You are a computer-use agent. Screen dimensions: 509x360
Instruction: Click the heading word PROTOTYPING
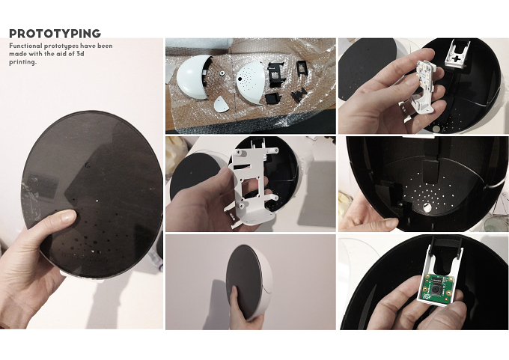55,34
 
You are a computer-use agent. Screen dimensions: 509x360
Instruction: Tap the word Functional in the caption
25,46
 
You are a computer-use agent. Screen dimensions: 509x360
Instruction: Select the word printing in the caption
22,62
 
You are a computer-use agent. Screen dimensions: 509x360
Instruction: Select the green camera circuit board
436,287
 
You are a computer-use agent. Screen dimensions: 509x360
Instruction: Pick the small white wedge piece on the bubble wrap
222,105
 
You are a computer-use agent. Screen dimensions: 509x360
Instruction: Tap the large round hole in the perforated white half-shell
240,79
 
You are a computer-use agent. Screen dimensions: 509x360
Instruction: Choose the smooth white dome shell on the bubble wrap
193,76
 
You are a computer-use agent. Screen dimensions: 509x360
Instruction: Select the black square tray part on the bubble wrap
273,98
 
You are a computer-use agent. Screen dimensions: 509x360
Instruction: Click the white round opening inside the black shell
427,208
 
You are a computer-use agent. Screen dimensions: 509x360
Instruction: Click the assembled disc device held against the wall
249,281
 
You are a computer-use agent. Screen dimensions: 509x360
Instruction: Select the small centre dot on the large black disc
88,165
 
